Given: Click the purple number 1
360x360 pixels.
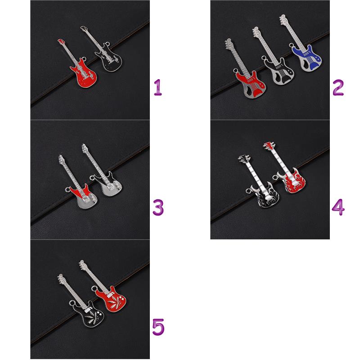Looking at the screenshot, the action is [158, 87].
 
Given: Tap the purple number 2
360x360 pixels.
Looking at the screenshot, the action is [338, 87].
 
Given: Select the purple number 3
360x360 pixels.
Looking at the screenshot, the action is [158, 207].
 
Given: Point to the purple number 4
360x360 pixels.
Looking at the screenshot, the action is [338, 207].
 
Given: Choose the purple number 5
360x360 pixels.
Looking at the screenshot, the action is [158, 327].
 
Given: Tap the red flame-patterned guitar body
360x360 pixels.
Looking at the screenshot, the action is [292, 181].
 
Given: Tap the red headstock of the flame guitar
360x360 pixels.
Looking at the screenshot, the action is [269, 145].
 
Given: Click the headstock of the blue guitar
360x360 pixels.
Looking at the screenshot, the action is [283, 19].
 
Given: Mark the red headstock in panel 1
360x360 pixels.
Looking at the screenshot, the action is [62, 42].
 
